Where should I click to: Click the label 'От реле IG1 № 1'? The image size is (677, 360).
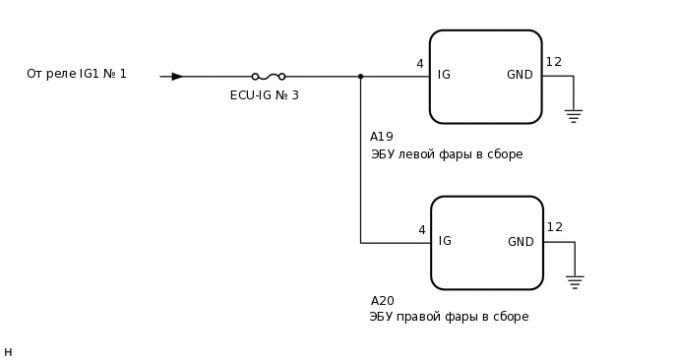(77, 74)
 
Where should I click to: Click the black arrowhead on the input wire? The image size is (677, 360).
(177, 76)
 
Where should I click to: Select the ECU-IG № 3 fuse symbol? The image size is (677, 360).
(268, 76)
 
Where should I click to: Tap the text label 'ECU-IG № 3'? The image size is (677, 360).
(264, 95)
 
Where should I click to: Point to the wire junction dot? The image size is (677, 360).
(360, 76)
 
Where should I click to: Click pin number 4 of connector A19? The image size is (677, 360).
(420, 64)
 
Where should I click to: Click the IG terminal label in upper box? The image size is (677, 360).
(444, 75)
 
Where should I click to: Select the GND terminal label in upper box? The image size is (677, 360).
(520, 75)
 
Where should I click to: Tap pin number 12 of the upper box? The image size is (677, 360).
(554, 62)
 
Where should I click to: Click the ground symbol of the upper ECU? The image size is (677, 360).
(573, 115)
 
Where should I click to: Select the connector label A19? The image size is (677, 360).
(382, 137)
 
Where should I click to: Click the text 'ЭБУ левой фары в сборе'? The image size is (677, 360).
(446, 154)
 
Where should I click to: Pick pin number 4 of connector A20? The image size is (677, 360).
(421, 230)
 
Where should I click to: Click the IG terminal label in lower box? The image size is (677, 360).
(445, 241)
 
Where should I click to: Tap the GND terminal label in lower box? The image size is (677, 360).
(521, 242)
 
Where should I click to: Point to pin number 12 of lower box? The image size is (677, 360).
(555, 227)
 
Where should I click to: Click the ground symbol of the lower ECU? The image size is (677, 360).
(575, 281)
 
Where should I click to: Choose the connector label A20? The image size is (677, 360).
(383, 301)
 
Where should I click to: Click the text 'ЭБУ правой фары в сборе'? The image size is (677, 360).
(449, 317)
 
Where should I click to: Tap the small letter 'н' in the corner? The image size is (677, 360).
(8, 352)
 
